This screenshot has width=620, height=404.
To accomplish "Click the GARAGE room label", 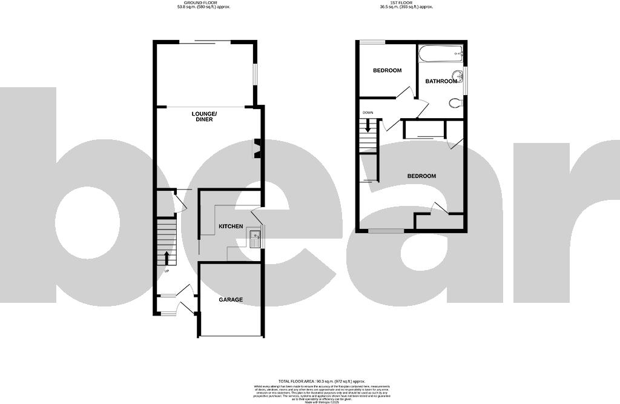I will click(231, 300).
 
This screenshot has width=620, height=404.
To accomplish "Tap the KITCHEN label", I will click(231, 227).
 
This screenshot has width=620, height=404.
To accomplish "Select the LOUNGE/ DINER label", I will click(202, 117).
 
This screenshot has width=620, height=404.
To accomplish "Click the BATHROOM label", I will click(441, 81).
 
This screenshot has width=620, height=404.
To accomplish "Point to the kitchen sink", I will click(254, 239).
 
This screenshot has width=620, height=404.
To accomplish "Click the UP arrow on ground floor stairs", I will click(167, 257).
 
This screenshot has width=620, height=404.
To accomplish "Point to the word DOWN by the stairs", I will click(368, 113).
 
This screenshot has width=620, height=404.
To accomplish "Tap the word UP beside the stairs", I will click(167, 270).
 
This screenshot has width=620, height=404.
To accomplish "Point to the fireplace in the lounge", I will click(257, 148).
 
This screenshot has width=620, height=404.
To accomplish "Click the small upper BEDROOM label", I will click(387, 70).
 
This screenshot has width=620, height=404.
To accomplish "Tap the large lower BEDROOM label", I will click(421, 176).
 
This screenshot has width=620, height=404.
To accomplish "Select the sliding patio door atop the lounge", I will click(205, 42).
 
